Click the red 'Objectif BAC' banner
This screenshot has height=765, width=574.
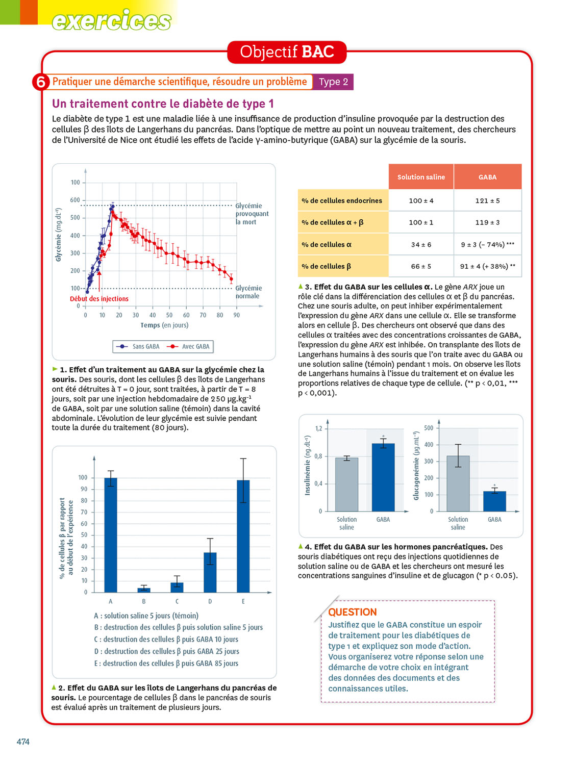click(287, 52)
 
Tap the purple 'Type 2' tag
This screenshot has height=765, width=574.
click(333, 82)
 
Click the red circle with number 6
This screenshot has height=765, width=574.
click(41, 82)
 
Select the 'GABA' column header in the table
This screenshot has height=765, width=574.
click(487, 177)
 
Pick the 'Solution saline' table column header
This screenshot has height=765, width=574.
click(421, 177)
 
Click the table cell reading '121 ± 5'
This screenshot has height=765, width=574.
click(487, 200)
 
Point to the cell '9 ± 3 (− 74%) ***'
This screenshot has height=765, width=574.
click(487, 244)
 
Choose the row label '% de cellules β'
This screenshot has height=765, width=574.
click(327, 266)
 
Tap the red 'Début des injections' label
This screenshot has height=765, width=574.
click(99, 299)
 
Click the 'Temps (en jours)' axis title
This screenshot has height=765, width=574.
click(164, 325)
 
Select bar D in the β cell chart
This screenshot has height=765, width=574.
click(210, 572)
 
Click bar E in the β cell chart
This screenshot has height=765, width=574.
click(243, 535)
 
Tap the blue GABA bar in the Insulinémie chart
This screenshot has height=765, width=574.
click(383, 477)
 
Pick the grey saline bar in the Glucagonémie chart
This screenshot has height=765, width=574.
click(458, 483)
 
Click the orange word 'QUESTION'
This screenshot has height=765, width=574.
click(353, 612)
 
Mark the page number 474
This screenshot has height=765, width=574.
click(23, 742)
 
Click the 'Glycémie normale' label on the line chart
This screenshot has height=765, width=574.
click(248, 292)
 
